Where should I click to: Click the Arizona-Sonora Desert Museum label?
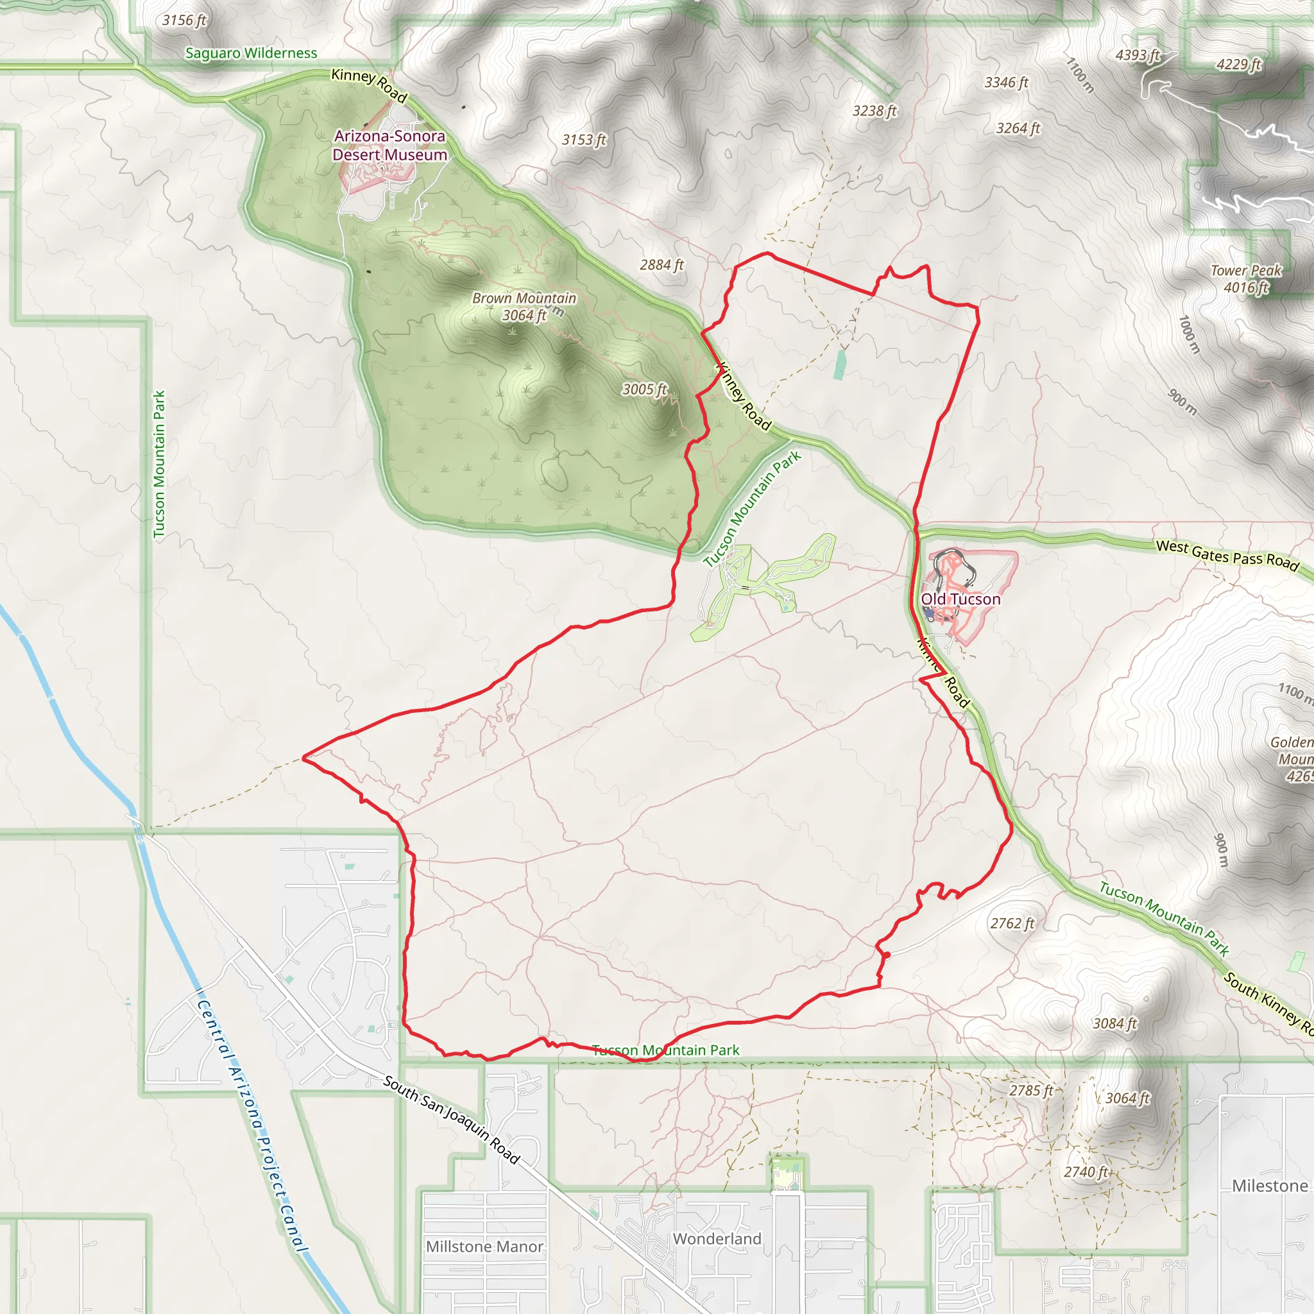click(x=389, y=146)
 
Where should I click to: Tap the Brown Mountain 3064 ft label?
click(x=524, y=307)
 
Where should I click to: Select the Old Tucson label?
click(x=960, y=599)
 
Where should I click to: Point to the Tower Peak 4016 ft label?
click(x=1246, y=279)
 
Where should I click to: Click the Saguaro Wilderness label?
click(x=251, y=53)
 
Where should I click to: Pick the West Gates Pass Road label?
click(x=1227, y=555)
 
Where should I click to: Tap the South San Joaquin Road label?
click(x=452, y=1119)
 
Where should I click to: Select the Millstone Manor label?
click(x=484, y=1247)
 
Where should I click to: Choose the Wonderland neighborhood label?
click(x=717, y=1238)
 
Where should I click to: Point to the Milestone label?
click(x=1270, y=1186)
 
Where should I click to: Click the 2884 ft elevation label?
click(x=661, y=264)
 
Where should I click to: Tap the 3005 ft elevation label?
click(x=644, y=389)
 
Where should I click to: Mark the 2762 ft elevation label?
click(x=1012, y=923)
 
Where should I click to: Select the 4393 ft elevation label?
click(x=1137, y=55)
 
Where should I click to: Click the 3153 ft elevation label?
click(x=584, y=139)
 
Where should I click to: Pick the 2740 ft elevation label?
click(x=1086, y=1172)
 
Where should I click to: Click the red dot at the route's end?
click(x=887, y=955)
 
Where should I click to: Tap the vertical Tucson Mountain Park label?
click(x=159, y=464)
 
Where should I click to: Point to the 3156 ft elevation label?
click(x=183, y=21)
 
